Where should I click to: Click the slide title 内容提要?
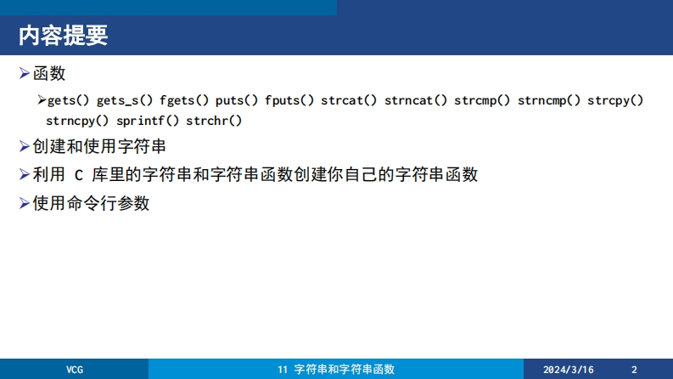tap(63, 35)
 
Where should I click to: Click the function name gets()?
tap(68, 100)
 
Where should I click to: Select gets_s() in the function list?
tap(125, 101)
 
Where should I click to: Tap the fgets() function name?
tap(184, 100)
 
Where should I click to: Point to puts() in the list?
tap(237, 100)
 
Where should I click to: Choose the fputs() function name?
tap(289, 100)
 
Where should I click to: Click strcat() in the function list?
tap(349, 100)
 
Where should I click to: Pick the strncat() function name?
tap(416, 100)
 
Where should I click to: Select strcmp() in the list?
tap(482, 100)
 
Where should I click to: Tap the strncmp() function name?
tap(549, 100)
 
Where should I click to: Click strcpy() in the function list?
tap(615, 100)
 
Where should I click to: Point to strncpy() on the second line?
tap(77, 122)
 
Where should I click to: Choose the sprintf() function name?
tap(148, 122)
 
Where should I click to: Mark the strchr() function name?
tap(214, 122)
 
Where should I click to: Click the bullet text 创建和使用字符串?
tap(99, 146)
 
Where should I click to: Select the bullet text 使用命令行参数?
tap(91, 203)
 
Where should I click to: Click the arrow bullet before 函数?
tap(25, 73)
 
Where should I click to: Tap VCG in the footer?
tap(75, 370)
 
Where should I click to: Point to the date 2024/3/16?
tap(569, 370)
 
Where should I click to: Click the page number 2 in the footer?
tap(634, 370)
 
